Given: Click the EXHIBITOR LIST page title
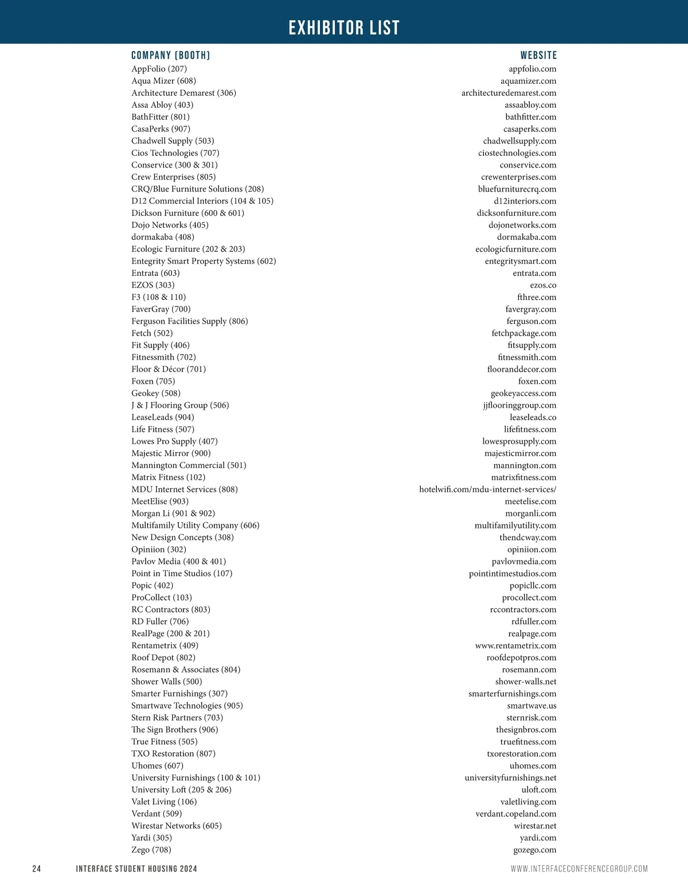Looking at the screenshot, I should (344, 28).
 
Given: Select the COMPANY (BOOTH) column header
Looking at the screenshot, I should (171, 56).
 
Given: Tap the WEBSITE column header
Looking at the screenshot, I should (538, 56).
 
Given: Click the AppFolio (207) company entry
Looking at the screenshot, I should (159, 69).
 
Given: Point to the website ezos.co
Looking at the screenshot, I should (543, 285).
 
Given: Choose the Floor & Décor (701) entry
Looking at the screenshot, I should (169, 369).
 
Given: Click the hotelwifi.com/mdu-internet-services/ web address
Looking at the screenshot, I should (487, 489).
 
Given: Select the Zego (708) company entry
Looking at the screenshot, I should (151, 850).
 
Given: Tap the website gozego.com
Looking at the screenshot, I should (534, 850).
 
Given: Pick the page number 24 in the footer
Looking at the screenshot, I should (37, 869).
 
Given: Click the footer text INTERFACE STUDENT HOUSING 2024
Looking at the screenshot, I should (136, 869).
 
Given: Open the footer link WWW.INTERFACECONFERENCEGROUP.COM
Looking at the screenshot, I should (579, 869).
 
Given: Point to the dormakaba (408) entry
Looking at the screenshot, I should (163, 237).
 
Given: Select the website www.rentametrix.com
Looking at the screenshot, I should (515, 645).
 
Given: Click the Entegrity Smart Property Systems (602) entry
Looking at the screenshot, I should (204, 261).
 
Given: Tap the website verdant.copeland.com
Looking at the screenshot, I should (515, 814).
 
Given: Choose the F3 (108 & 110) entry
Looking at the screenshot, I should (159, 297).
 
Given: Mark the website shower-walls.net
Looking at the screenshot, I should (526, 682).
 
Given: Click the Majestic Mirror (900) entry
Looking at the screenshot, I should (171, 453).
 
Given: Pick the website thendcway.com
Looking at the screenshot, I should (527, 538).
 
